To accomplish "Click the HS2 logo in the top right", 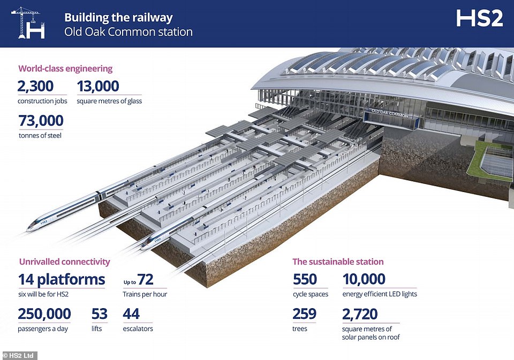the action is tap(479, 18).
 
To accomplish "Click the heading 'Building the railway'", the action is tap(118, 18).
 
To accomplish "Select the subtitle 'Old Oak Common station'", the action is tap(128, 32).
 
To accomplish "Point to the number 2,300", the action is tap(35, 86).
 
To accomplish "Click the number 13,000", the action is tap(98, 86).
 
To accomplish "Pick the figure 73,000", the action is tap(41, 120).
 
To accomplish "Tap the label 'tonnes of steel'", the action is tap(40, 136).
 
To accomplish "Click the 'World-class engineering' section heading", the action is tap(65, 68).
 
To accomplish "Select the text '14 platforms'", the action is tap(62, 279).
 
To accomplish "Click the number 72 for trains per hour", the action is tap(145, 279).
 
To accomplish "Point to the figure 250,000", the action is tap(44, 314).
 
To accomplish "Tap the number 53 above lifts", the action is tap(100, 314).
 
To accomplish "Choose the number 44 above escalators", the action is tap(131, 314).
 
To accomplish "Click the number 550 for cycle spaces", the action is tap(305, 279).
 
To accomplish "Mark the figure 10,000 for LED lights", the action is tap(364, 279).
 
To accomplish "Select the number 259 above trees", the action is tap(304, 314).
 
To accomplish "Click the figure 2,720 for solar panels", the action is tap(360, 314).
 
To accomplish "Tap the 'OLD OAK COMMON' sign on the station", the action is tap(390, 113).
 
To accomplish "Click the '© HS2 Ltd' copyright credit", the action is tap(18, 355).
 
